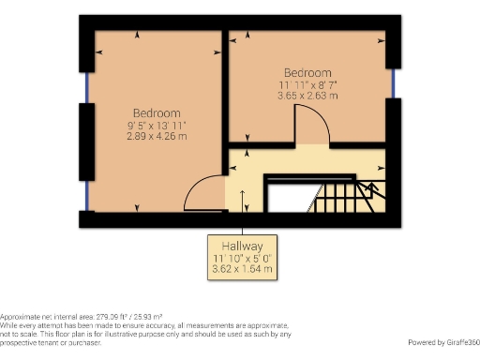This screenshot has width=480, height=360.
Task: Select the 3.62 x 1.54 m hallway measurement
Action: [243, 269]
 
